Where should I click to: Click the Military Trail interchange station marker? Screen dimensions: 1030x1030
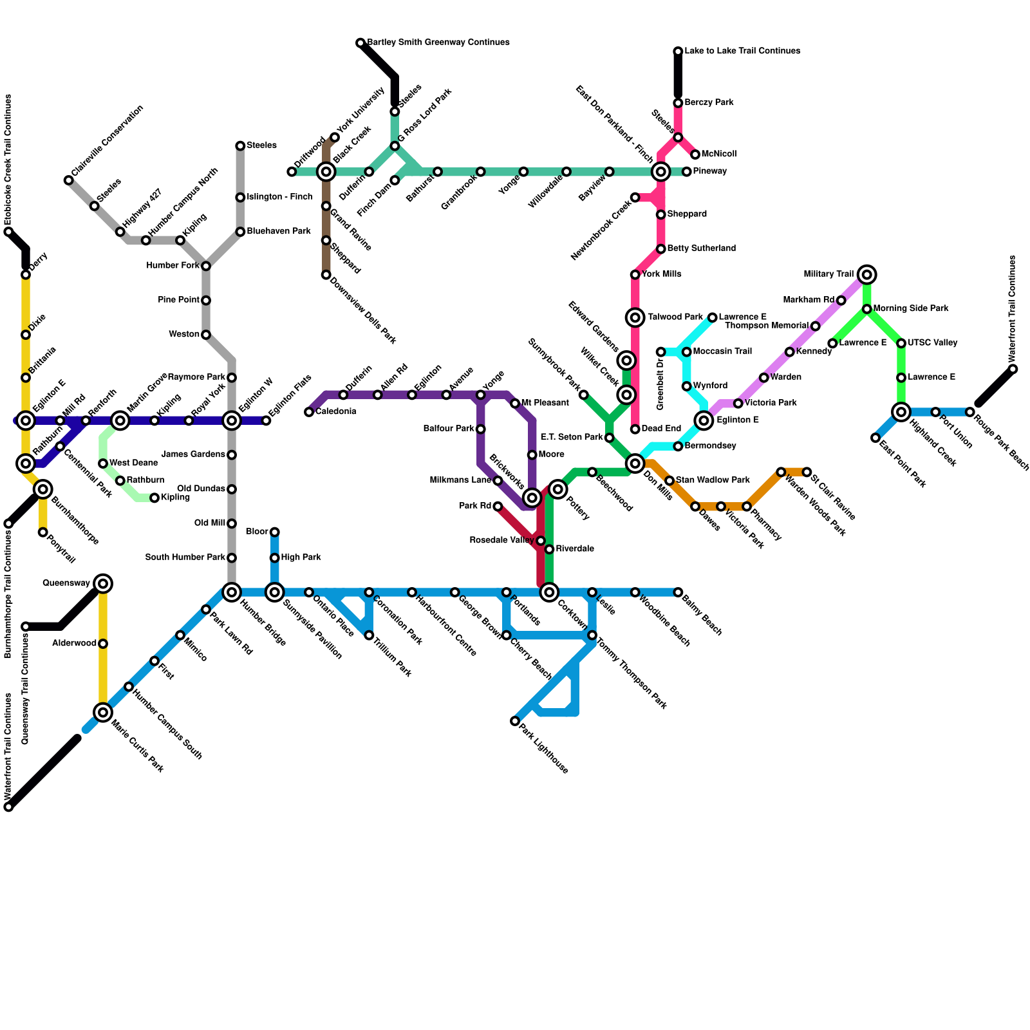point(867,275)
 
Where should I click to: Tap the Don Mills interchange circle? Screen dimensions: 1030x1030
point(635,464)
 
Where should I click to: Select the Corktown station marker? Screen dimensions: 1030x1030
point(549,592)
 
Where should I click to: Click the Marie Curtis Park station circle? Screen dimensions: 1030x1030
point(103,712)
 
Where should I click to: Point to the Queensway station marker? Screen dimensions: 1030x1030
point(103,584)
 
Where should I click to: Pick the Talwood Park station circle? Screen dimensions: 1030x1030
point(635,317)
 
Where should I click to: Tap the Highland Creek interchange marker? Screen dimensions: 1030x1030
point(901,412)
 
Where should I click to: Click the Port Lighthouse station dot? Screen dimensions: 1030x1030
point(515,721)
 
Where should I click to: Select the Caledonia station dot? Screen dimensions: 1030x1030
point(309,412)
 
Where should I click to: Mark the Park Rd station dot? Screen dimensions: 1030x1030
point(498,507)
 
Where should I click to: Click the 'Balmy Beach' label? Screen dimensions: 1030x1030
point(702,617)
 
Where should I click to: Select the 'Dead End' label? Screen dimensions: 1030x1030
point(661,429)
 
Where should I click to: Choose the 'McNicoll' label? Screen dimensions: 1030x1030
point(719,154)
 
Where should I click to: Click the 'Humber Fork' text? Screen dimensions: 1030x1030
point(173,266)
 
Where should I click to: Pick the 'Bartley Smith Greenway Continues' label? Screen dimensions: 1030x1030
point(438,42)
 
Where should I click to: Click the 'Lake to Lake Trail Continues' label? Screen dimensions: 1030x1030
point(742,51)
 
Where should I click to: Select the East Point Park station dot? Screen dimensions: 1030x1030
point(876,438)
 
